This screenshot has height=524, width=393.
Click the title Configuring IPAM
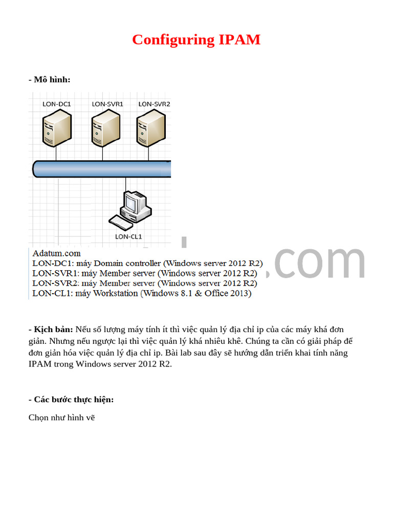click(x=196, y=39)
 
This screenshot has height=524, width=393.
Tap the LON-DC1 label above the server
click(x=56, y=104)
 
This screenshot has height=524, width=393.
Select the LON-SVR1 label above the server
click(x=107, y=104)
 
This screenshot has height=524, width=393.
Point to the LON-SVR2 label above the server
click(x=154, y=104)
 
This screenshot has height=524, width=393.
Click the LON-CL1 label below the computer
click(x=128, y=236)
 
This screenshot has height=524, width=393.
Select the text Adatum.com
click(x=56, y=253)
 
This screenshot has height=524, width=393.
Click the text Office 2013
click(x=228, y=293)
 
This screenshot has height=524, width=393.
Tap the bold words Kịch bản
click(x=53, y=329)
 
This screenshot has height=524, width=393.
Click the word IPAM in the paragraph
click(x=40, y=364)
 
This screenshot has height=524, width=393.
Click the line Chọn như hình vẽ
click(x=62, y=418)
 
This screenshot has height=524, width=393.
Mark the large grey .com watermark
click(x=317, y=262)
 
